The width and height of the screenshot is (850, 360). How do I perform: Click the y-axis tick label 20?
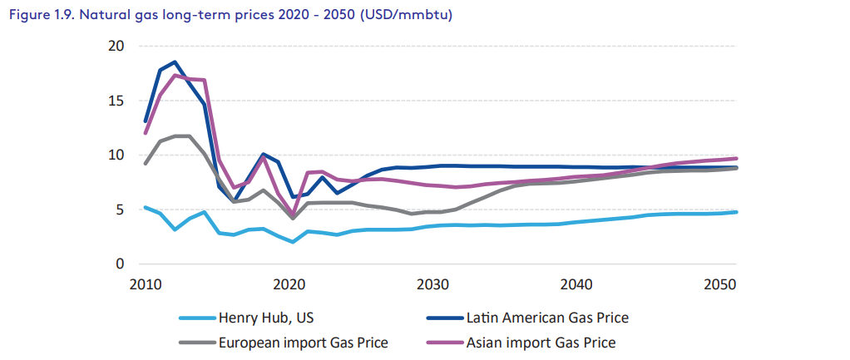(x=115, y=46)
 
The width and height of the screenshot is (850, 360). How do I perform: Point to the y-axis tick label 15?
(x=115, y=101)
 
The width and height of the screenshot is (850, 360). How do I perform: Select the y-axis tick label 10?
(x=115, y=155)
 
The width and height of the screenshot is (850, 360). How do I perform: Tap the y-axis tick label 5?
(x=119, y=210)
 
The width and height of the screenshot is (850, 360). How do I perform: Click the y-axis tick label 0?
(x=119, y=264)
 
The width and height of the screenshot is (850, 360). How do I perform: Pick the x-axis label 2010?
(x=146, y=286)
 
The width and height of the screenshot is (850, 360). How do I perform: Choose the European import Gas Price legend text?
(x=303, y=342)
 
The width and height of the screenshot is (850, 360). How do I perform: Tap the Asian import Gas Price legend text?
(x=541, y=342)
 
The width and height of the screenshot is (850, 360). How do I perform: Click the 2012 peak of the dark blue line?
(x=175, y=62)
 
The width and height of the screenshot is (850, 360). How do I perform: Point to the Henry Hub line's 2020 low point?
(x=293, y=242)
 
